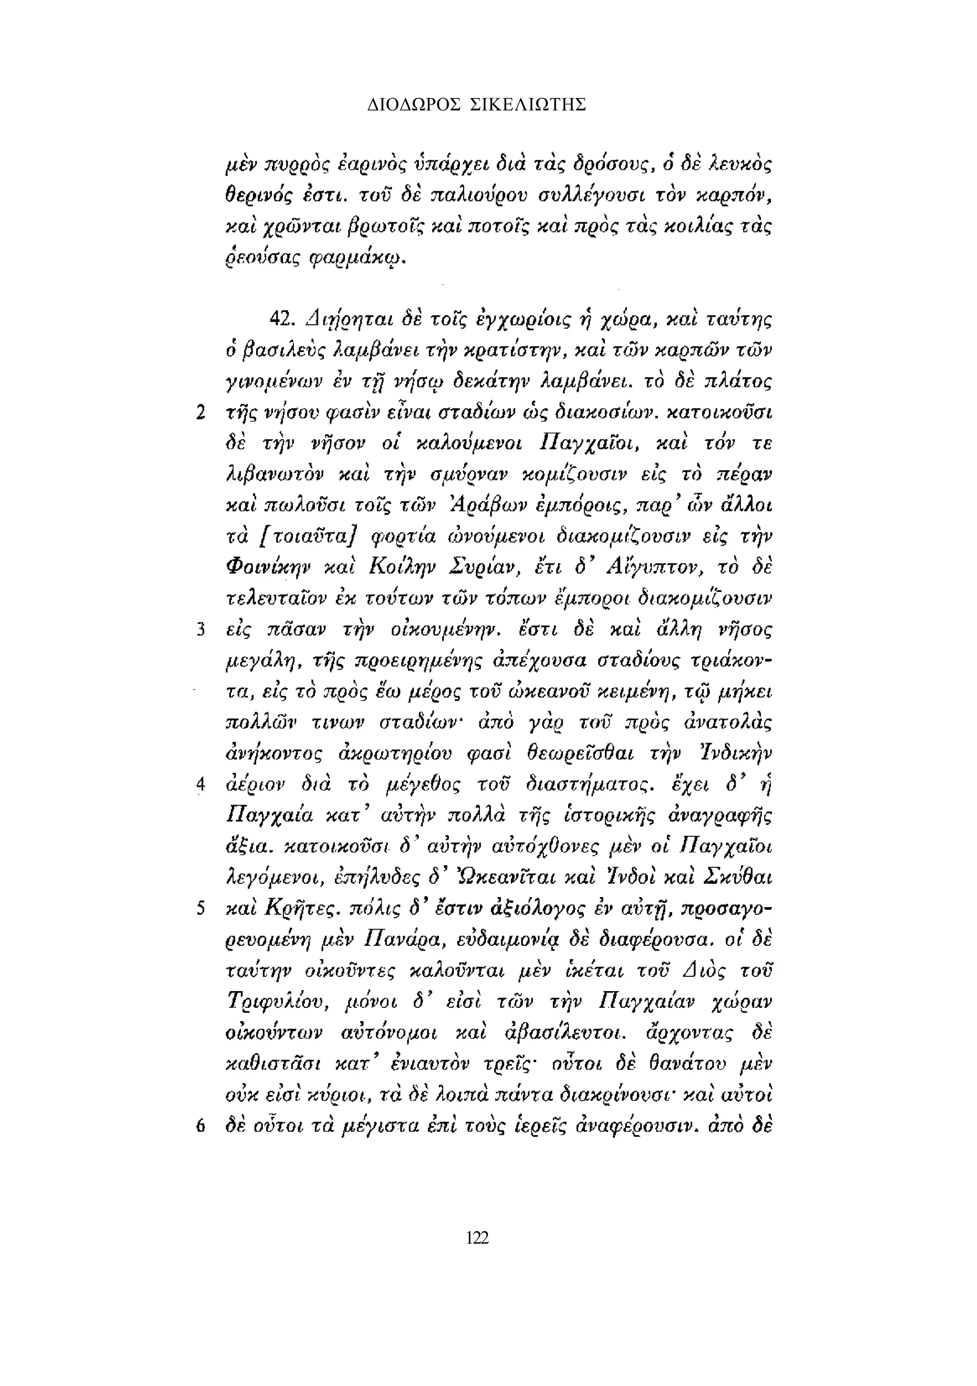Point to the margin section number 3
tap(201, 630)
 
